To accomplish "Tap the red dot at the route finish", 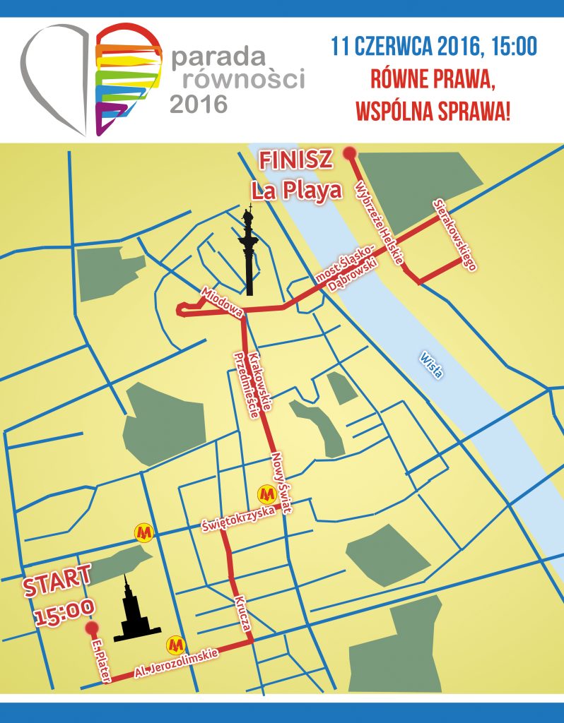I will (x=348, y=153).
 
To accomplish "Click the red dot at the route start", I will (x=90, y=628).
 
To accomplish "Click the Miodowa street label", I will (x=222, y=302).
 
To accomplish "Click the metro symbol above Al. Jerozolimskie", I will (x=175, y=644).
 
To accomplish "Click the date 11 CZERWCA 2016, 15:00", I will (x=434, y=47).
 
